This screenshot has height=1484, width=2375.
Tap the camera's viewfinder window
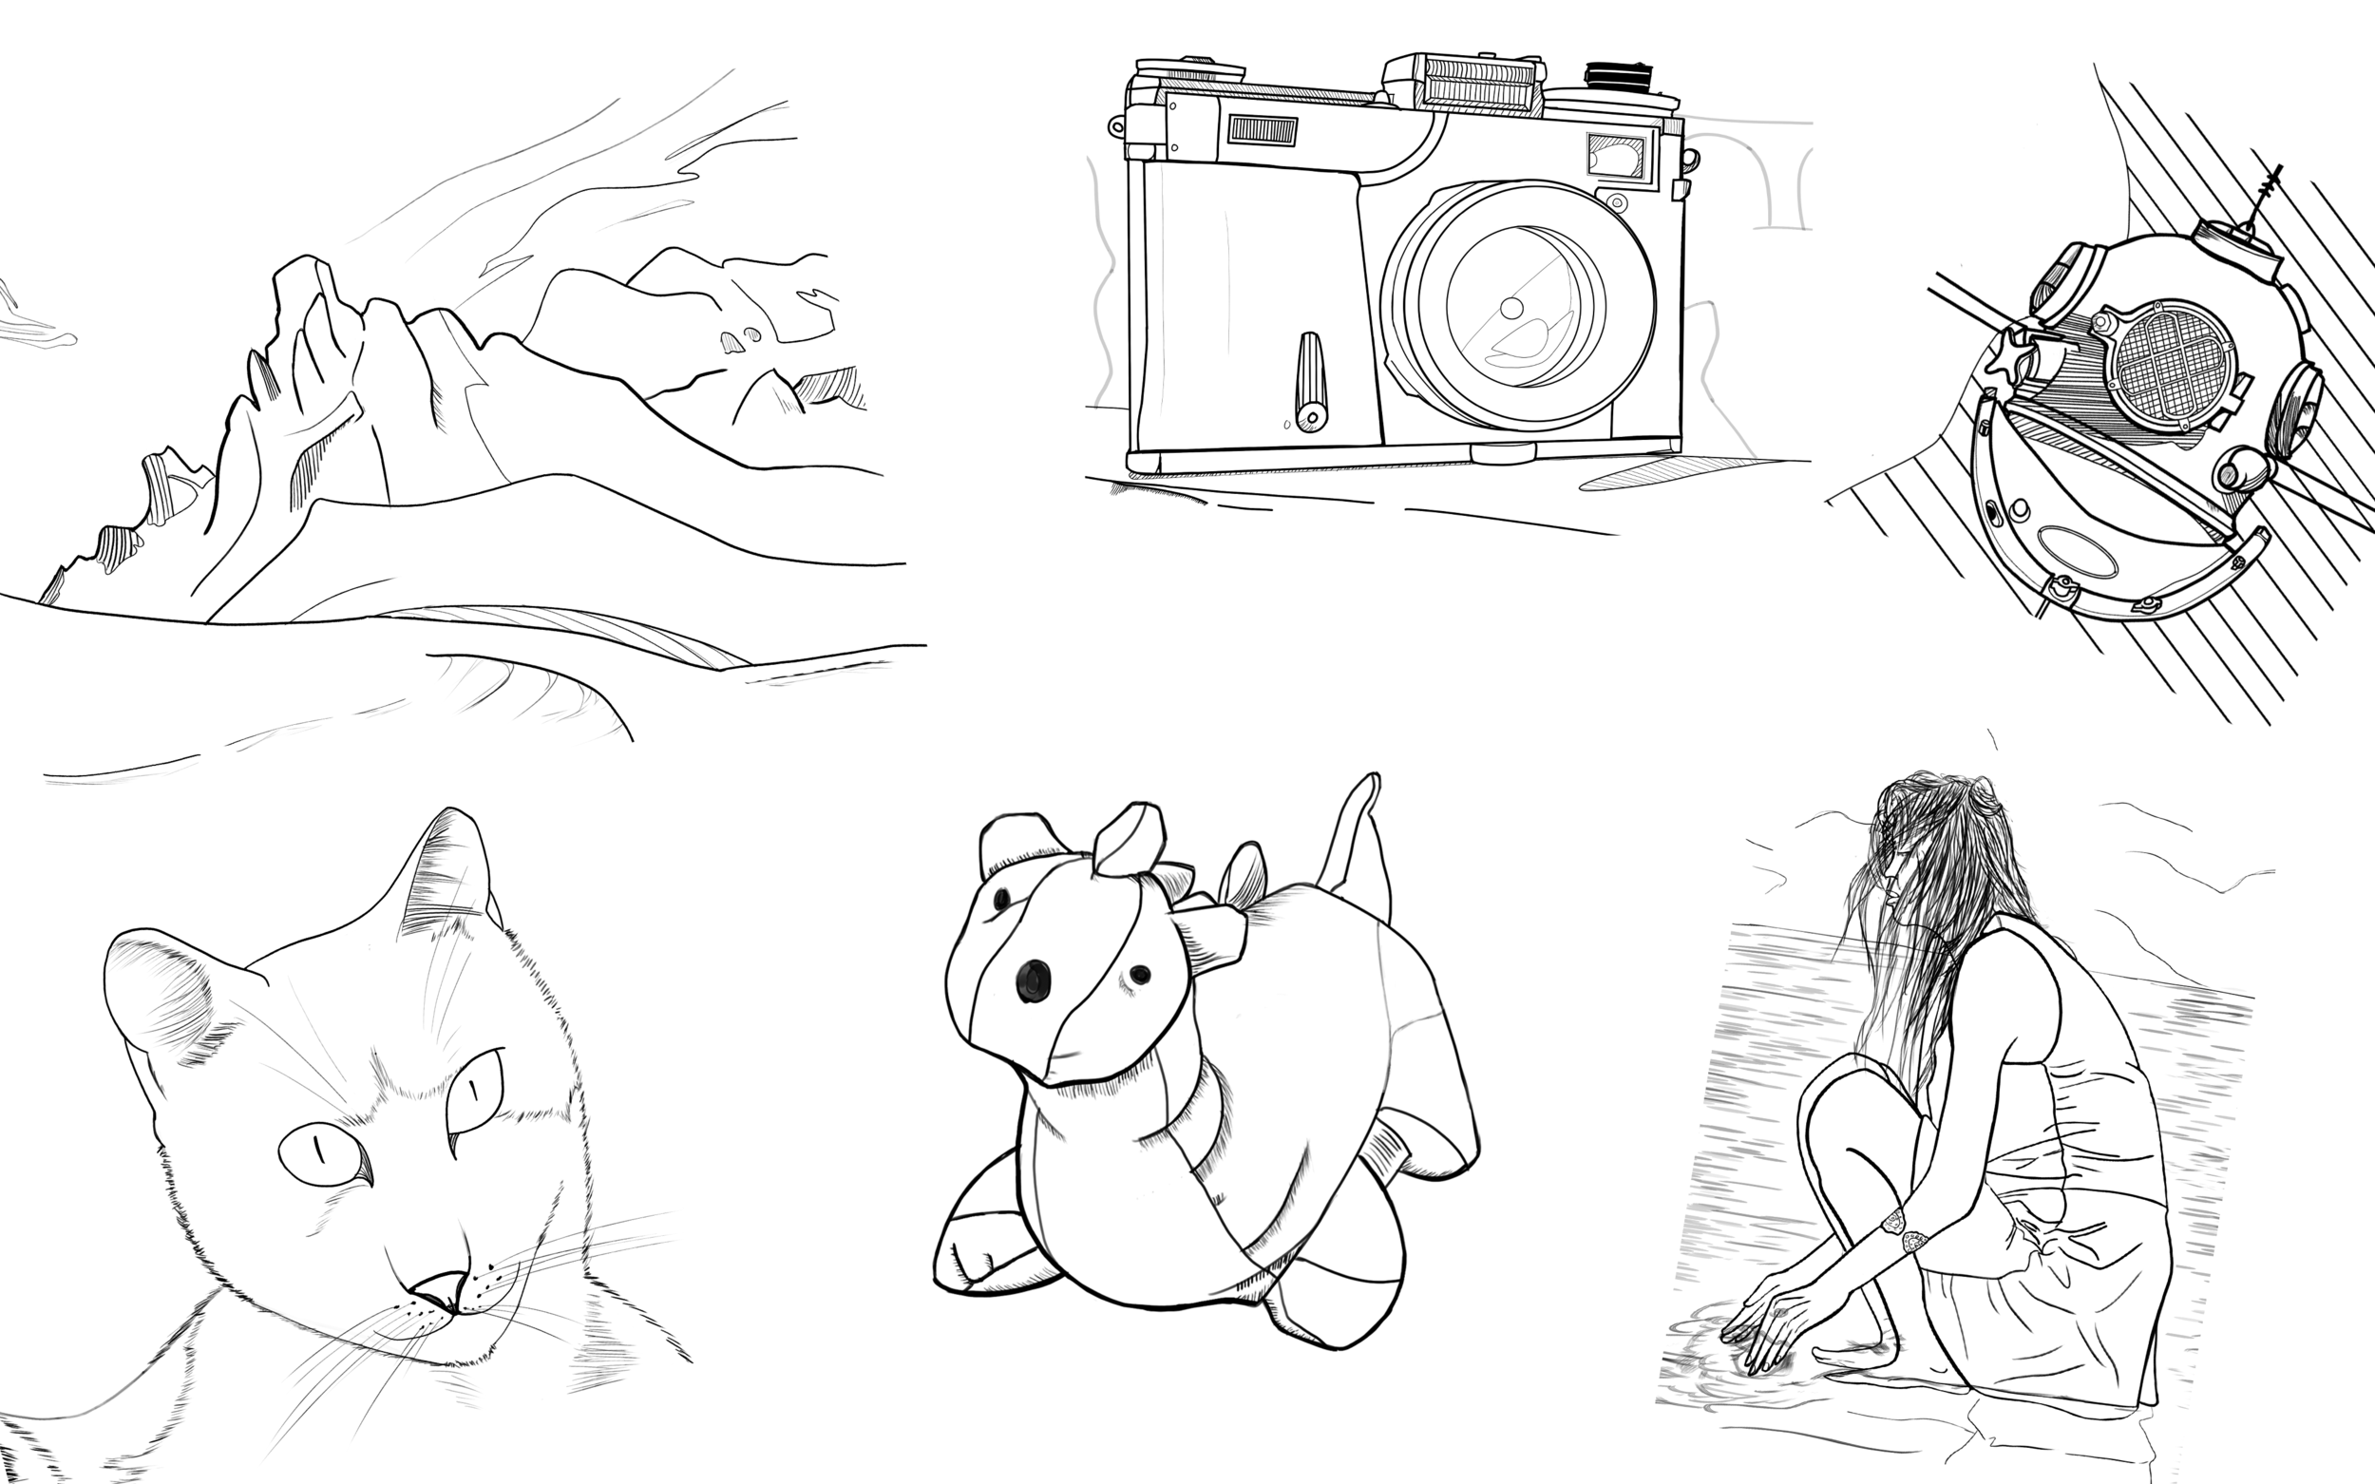click(x=1615, y=156)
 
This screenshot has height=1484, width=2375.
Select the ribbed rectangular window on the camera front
click(x=1263, y=129)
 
